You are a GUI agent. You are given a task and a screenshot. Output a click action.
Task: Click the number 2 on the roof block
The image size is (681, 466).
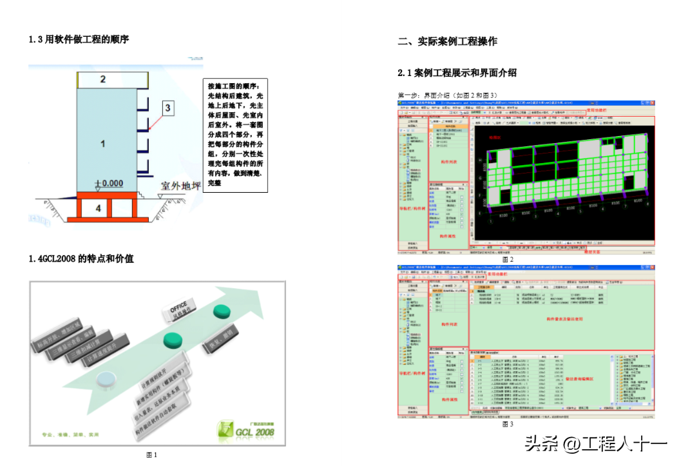[x=102, y=79]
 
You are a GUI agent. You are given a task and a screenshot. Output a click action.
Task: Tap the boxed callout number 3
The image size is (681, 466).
[x=168, y=108]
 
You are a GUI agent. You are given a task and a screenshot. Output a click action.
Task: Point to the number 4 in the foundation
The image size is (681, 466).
[x=98, y=208]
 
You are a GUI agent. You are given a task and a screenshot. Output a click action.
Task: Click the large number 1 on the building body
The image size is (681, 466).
[x=102, y=143]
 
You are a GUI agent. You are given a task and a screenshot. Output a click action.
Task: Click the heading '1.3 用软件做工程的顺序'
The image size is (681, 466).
[x=79, y=39]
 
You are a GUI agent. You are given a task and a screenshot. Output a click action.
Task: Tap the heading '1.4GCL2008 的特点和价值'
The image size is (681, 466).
[x=81, y=258]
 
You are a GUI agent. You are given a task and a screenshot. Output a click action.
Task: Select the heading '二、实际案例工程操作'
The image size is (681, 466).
[x=447, y=41]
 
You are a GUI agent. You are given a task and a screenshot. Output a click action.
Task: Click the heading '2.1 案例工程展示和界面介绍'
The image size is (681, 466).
[x=457, y=73]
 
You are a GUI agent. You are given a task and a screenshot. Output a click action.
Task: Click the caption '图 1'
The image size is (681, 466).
[x=152, y=455]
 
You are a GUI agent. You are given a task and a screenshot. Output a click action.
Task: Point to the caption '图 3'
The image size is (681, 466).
[x=508, y=424]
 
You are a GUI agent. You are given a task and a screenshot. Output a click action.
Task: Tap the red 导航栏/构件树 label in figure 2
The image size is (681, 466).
[x=410, y=208]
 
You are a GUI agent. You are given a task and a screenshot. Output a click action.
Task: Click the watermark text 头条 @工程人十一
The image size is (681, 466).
[x=596, y=444]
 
